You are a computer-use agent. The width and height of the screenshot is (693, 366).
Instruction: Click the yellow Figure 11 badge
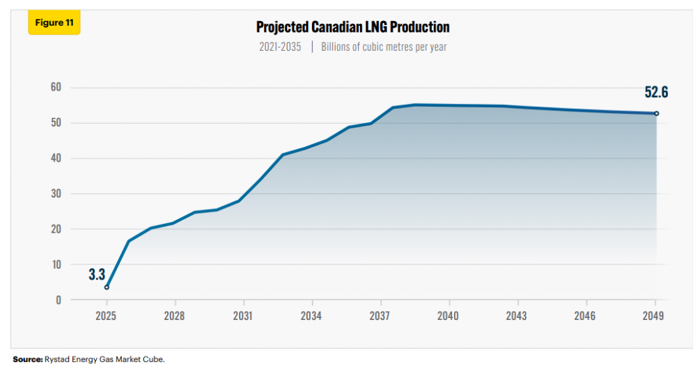pos(53,22)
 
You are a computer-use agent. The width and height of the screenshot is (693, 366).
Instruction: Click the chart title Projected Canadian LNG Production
pos(353,27)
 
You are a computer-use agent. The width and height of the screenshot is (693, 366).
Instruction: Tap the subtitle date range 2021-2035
pos(280,47)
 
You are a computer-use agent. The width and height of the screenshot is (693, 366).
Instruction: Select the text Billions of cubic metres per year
pos(384,47)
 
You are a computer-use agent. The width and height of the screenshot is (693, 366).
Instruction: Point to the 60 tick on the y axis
pos(55,87)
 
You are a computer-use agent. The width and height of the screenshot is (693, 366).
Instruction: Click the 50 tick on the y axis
pos(55,123)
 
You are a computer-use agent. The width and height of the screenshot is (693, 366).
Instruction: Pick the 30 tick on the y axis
pos(55,193)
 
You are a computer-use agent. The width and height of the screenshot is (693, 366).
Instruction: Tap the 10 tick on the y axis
pos(55,264)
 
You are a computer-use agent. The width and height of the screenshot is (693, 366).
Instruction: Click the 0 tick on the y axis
pos(58,300)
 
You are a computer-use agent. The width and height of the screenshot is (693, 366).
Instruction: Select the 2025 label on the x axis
pos(106,316)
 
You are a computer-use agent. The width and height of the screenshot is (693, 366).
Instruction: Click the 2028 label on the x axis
pos(175,316)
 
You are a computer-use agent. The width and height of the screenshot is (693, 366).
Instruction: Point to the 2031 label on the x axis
pos(243,316)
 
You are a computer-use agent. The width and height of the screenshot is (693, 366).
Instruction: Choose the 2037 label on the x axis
pos(380,316)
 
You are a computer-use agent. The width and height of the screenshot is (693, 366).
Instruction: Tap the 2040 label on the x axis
pos(448,316)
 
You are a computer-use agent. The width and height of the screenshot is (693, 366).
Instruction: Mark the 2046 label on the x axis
pos(585,316)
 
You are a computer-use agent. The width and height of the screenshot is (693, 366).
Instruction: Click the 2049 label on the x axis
pos(654,316)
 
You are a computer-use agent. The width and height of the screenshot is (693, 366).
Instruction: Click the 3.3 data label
pos(97,274)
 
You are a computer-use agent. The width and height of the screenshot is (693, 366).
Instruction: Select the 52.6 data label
pos(656,93)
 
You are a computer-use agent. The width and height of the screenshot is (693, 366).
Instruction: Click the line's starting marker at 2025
pos(106,288)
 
